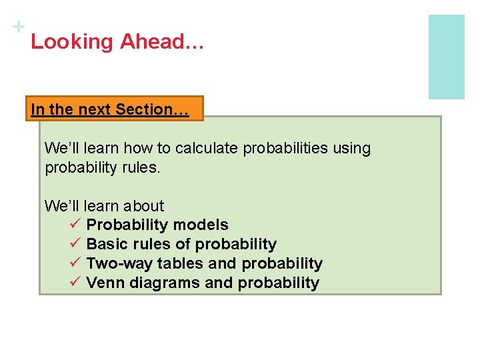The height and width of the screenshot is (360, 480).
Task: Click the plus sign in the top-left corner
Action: point(19,27)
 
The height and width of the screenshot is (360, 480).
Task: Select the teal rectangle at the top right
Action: point(446,57)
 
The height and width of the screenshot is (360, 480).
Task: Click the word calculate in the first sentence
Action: point(206,148)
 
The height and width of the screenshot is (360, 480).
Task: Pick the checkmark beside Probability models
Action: point(74,225)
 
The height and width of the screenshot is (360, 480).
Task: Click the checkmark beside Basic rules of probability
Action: point(74,244)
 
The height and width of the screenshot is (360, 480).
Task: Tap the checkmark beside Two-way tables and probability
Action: point(74,263)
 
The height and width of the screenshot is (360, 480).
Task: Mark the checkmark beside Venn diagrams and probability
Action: point(74,283)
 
